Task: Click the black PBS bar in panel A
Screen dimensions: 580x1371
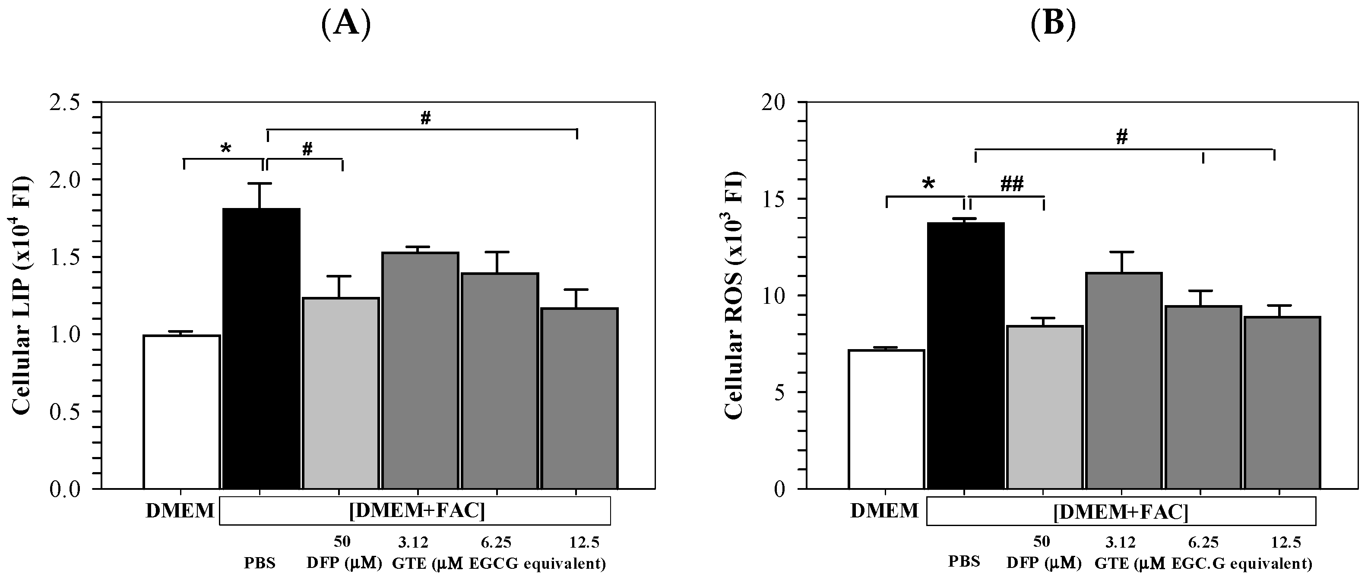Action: point(261,349)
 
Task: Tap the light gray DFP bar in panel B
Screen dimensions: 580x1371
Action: point(1044,407)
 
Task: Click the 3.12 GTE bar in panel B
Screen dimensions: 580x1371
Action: point(1124,381)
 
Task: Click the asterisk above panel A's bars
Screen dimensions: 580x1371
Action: point(226,148)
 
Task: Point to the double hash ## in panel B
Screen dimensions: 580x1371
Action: point(1012,183)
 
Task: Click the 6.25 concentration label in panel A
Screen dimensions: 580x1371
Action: point(496,542)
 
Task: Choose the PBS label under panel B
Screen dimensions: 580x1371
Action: point(964,562)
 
